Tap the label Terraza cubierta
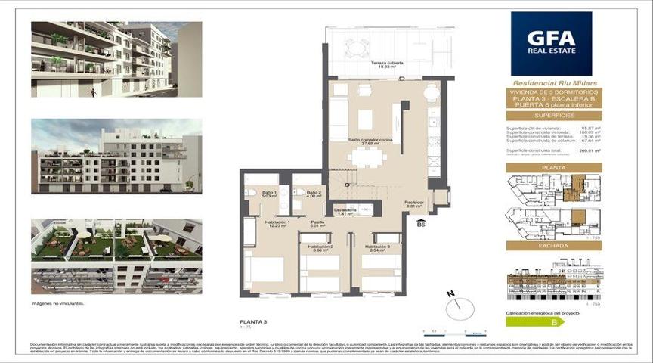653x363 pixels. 386,65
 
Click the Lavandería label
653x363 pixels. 345,212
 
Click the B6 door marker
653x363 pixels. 421,224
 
